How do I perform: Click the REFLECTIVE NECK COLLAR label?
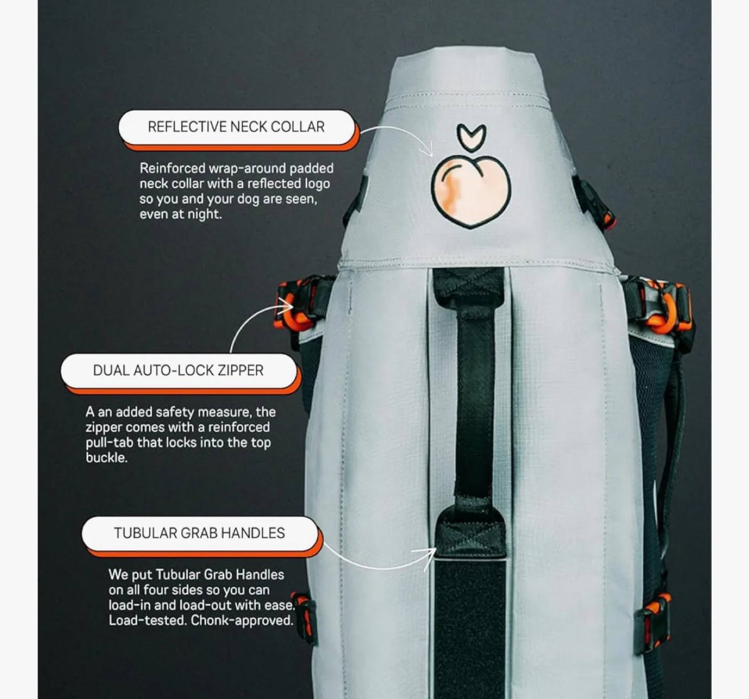tap(237, 127)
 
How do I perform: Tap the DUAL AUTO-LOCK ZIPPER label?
tap(178, 371)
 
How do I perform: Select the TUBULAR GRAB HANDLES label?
tap(200, 533)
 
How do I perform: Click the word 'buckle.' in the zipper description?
tap(106, 458)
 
